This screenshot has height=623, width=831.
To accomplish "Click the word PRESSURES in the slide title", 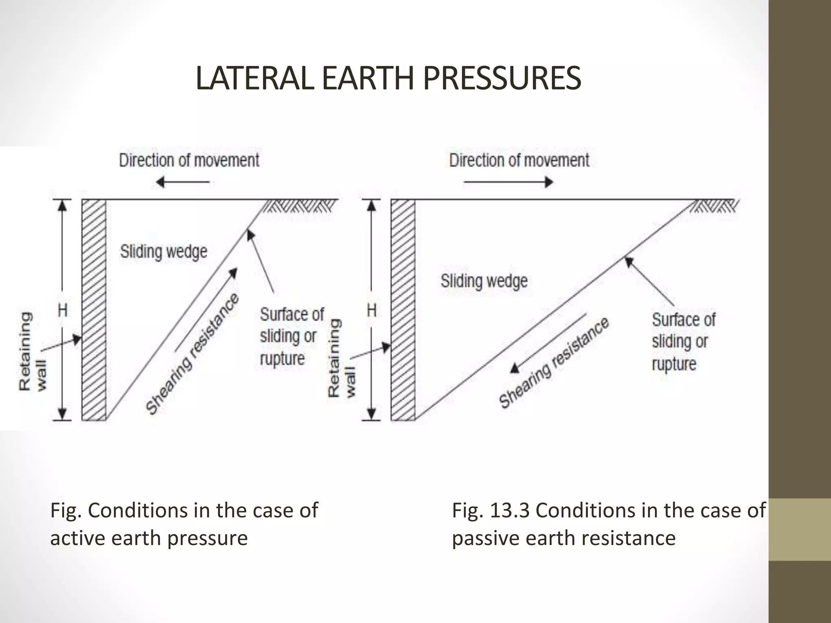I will click(502, 79).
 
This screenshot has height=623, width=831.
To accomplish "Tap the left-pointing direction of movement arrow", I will click(183, 182).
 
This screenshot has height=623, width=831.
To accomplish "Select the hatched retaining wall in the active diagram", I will click(94, 310).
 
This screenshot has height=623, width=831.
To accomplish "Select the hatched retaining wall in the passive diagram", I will click(403, 310).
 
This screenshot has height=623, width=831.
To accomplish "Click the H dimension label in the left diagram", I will click(62, 311).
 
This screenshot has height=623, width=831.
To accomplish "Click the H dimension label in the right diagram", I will click(372, 311).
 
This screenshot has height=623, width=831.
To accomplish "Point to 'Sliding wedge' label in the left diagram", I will click(164, 252).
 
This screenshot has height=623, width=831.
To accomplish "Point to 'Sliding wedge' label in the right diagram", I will click(484, 281).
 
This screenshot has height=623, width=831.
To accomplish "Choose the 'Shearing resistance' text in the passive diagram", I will click(554, 362).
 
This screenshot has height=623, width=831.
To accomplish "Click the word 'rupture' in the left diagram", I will click(282, 359).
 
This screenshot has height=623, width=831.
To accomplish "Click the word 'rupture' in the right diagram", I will click(674, 364).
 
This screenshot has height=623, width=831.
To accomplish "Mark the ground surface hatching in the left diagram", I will click(300, 207).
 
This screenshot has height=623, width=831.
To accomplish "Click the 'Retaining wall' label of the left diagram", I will click(32, 351).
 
